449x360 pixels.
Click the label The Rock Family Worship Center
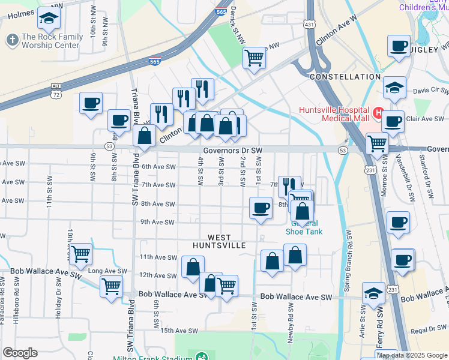point(50,41)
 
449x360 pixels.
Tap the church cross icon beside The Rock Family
point(11,40)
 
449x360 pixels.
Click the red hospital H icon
point(378,112)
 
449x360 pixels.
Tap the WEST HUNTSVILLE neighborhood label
point(219,242)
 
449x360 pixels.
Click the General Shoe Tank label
point(303,227)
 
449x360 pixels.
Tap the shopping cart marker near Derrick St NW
point(254,58)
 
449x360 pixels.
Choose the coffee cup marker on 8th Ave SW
point(260,208)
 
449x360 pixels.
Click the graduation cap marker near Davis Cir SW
point(394,87)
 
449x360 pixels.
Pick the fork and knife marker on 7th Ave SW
point(289,185)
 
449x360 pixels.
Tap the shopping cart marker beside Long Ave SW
point(80,254)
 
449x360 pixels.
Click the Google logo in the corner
point(20,353)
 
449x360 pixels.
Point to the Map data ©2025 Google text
point(411,355)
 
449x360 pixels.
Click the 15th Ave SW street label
point(179,331)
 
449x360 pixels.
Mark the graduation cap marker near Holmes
point(49,19)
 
